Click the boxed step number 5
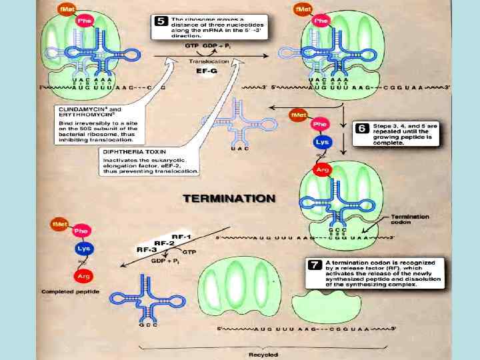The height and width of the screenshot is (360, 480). (161, 21)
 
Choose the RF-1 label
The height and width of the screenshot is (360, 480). (183, 237)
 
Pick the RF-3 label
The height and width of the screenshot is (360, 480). (147, 249)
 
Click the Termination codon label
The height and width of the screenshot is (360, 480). (409, 219)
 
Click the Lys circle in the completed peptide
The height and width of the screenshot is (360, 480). (83, 247)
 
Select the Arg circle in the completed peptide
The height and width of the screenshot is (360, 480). (83, 275)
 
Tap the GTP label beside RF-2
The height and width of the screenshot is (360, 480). (189, 253)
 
